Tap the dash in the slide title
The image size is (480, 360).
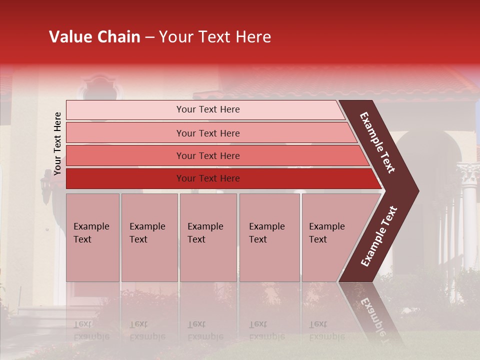[149, 37]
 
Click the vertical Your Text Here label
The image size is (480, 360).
[57, 143]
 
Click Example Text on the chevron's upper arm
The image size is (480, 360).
[377, 142]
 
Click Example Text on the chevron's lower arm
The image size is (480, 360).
[379, 236]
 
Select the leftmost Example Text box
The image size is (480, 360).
[92, 237]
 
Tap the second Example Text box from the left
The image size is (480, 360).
[149, 237]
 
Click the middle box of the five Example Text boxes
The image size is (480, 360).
[208, 237]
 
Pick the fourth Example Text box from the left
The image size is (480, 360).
[269, 237]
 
